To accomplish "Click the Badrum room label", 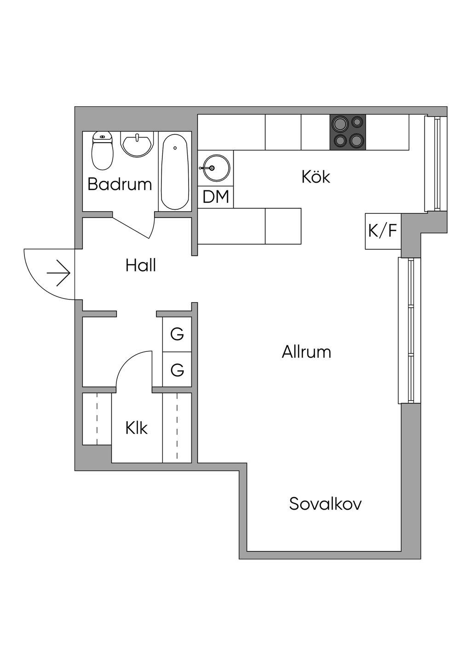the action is [120, 184].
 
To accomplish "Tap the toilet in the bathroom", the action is [103, 151].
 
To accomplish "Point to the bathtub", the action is [175, 172].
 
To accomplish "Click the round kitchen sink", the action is [215, 168].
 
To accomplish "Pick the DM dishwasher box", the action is [216, 196].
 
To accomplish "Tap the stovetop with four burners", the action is [348, 132].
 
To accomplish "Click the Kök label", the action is [316, 177].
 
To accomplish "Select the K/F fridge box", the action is [383, 231].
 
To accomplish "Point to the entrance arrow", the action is [58, 273].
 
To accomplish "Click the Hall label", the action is [141, 265].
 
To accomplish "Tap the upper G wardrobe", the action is [177, 334].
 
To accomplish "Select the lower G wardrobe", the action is [177, 370].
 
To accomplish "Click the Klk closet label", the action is [137, 429].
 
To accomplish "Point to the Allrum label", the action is [306, 352].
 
